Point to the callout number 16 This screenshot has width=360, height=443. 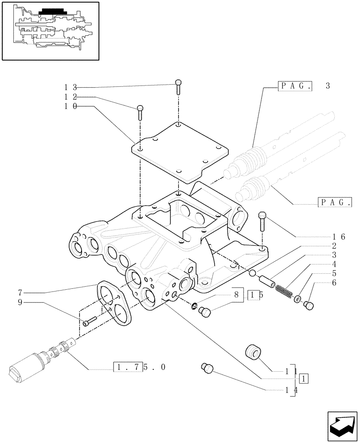[339, 237]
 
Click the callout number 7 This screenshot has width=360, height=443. [20, 292]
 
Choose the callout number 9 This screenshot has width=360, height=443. [20, 303]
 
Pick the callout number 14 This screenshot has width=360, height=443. [291, 390]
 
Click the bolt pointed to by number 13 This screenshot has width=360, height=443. [178, 86]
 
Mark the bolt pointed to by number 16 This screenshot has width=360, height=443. [262, 220]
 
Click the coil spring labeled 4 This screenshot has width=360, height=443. [283, 291]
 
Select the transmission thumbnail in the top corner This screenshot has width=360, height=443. [50, 30]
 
